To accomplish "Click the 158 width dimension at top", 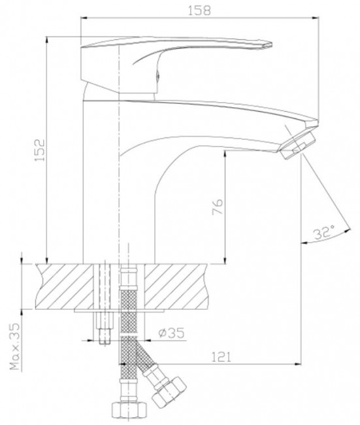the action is point(199,10).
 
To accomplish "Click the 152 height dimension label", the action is point(40,150).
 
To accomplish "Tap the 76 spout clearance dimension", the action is point(218,207).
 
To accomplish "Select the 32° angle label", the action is point(324,232).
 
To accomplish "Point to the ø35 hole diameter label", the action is point(172,333).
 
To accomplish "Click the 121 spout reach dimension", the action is point(221,357).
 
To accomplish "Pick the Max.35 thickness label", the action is point(16,347).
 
